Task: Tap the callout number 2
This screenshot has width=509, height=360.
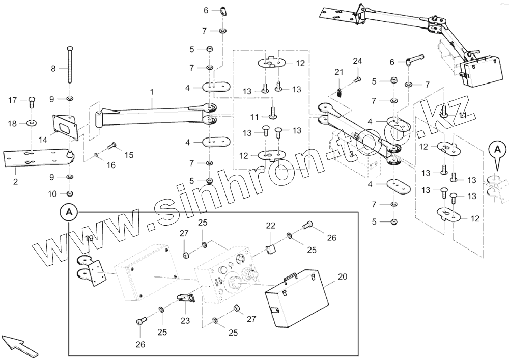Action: coord(15,182)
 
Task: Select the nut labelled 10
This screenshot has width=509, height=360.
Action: coord(70,193)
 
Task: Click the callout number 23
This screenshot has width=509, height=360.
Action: coord(185,321)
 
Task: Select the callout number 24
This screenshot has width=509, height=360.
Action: coord(357,61)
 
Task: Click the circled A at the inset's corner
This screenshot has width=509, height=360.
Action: coord(69,211)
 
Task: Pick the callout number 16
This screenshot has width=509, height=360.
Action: coord(110,165)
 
